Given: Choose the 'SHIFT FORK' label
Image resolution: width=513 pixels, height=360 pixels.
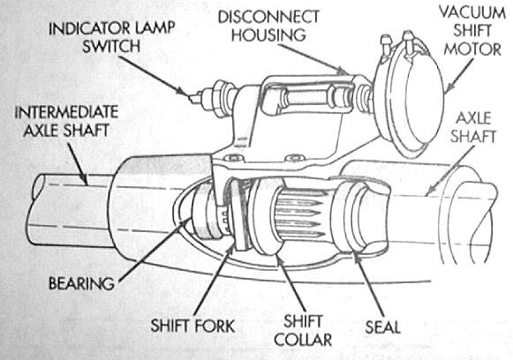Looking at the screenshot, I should [x=193, y=326].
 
